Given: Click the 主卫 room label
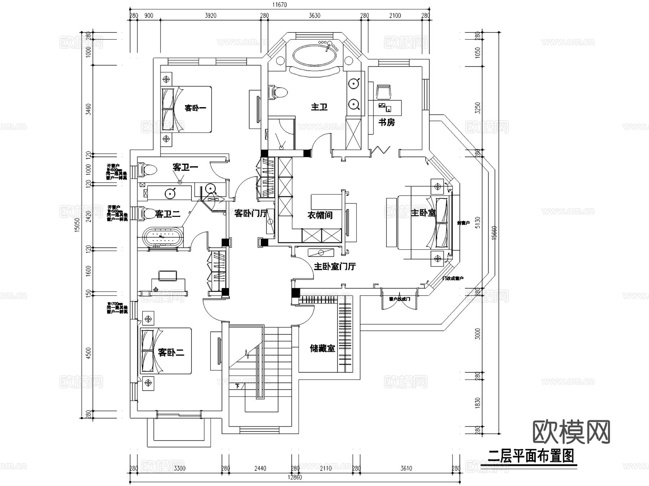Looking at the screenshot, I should coord(319,107).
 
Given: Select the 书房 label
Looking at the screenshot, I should coord(386,122).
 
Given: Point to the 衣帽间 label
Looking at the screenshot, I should coord(320,215).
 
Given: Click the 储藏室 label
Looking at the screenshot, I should coord(322,348).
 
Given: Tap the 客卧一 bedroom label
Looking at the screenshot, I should coord(195,108).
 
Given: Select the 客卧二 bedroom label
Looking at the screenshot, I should coord(171,352).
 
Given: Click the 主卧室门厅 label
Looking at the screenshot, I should coord(335,267).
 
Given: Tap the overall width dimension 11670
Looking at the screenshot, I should coord(279,5).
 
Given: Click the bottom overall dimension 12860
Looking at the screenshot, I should coord(295,477).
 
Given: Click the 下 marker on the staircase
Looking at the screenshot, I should coord(237,386).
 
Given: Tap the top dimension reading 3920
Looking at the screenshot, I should coord(211,16).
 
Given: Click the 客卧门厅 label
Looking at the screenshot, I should coord(251,213).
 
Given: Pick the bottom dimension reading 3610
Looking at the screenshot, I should coord(406,468).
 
